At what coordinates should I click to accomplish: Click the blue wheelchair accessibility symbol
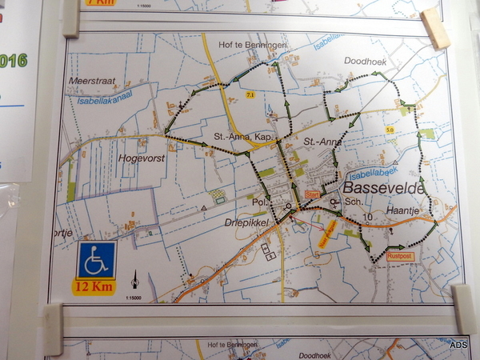pos(96,260)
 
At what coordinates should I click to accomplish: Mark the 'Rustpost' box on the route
pos(399,257)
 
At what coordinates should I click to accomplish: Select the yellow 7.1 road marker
pos(250,96)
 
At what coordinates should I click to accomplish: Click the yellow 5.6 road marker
pos(390,129)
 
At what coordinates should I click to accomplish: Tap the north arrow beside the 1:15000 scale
pos(135,280)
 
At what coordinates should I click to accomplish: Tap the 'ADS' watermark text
pos(459,345)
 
